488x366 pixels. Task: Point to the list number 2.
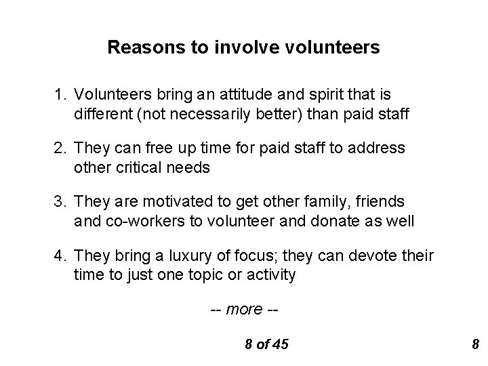coord(60,147)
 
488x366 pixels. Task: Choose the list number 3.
coord(60,201)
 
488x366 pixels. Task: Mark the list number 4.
coord(60,256)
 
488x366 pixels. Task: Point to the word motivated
coord(159,201)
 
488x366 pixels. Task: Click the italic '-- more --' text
coord(244,309)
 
